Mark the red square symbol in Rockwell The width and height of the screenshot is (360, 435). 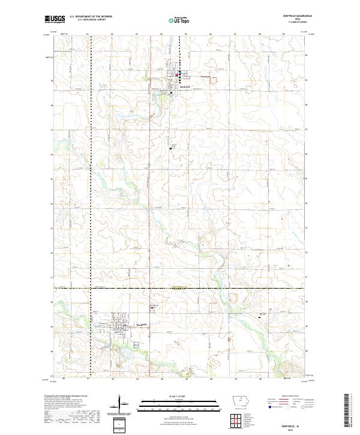click(x=178, y=74)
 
